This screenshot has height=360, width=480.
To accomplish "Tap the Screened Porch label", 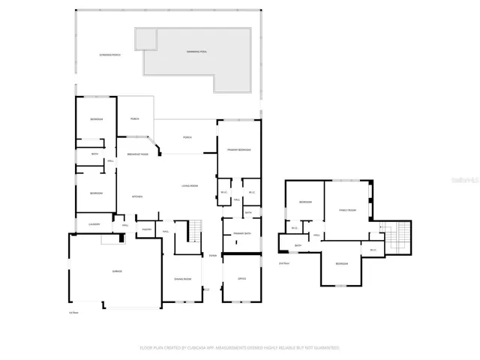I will point(110,55).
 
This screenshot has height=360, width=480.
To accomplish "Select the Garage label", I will point(117,271).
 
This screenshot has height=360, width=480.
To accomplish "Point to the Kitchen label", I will point(137,197).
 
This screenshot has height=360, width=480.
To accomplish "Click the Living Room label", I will point(189,185).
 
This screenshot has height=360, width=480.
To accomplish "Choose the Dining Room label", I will point(181,279).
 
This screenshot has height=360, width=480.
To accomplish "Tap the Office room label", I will point(241,279).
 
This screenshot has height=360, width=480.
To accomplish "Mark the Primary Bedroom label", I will point(238,150).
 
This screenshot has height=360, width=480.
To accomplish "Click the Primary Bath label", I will point(241,234).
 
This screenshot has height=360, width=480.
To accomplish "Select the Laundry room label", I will point(94,223).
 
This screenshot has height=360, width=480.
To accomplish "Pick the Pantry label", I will point(147,229).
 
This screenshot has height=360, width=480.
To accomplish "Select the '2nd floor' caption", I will point(283,263).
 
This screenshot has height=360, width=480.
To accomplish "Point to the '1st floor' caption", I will point(73,312).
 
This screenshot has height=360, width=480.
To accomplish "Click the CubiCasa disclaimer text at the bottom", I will point(239,348).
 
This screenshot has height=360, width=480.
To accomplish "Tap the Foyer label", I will point(214,255).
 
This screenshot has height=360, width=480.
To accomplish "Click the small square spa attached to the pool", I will point(145,37).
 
